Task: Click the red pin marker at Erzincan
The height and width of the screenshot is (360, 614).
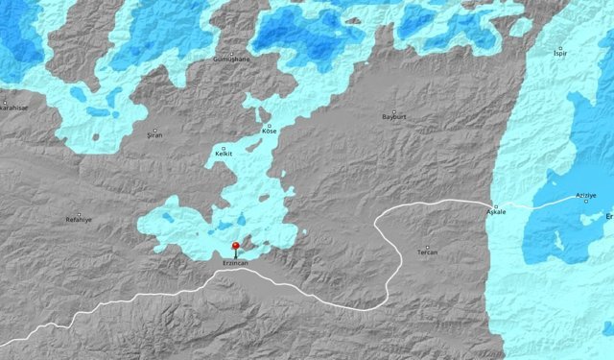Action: [236, 247]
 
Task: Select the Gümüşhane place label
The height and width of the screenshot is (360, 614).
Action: [231, 60]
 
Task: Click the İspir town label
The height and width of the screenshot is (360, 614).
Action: [560, 53]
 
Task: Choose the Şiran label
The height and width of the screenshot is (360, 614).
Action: [154, 134]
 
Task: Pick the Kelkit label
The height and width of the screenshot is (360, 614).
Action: [224, 154]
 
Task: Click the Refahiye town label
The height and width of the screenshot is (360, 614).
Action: [79, 220]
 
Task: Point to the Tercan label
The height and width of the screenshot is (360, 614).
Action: [428, 252]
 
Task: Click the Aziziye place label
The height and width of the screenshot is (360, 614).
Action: [586, 195]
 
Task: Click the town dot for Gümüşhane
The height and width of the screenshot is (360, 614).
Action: [231, 53]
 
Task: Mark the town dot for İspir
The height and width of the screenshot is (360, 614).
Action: [560, 46]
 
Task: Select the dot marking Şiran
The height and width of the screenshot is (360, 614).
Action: [154, 128]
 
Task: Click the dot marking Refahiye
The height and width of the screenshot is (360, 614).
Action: [79, 213]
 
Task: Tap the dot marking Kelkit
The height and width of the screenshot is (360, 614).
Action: [224, 147]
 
